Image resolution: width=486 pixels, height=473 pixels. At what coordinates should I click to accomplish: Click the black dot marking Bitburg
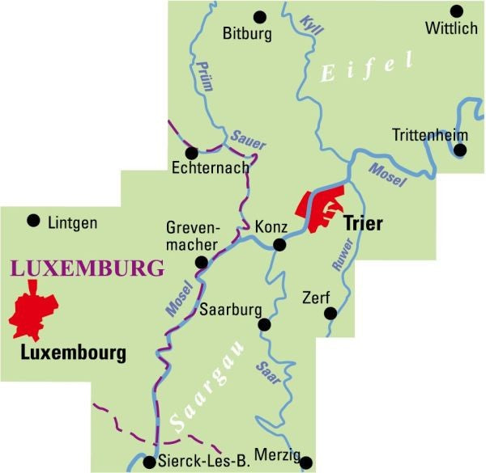pyautogui.click(x=260, y=15)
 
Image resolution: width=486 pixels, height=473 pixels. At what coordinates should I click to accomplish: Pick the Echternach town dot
pyautogui.click(x=191, y=152)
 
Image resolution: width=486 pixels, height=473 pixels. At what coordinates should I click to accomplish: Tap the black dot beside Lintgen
pyautogui.click(x=33, y=220)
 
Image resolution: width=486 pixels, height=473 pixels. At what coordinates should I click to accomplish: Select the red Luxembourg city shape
pyautogui.click(x=32, y=314)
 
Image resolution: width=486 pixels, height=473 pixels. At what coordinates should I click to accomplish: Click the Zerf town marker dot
pyautogui.click(x=328, y=314)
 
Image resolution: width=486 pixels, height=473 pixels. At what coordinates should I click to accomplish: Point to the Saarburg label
pyautogui.click(x=232, y=310)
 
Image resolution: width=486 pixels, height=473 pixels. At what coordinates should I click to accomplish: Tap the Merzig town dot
pyautogui.click(x=306, y=462)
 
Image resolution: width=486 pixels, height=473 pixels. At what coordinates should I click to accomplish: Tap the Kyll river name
pyautogui.click(x=310, y=25)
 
